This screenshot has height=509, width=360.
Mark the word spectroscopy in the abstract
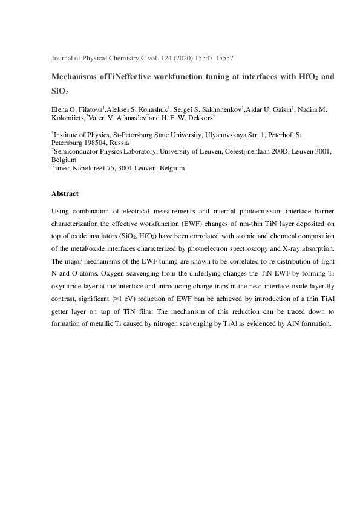258,248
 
